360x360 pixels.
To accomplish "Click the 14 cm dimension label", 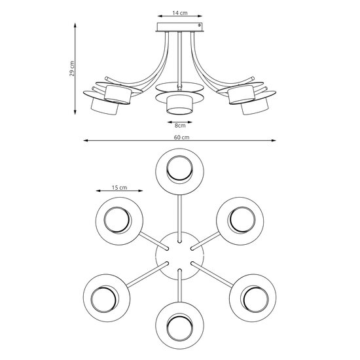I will point(179,13).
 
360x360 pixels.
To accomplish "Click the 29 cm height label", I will point(73,68).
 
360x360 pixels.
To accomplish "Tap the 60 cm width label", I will point(181,137).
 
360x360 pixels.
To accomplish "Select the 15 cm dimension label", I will point(118,187).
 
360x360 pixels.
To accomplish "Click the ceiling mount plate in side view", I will point(179,27).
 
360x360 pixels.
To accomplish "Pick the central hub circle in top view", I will point(179,253).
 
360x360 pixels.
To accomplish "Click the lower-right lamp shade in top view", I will point(253,298).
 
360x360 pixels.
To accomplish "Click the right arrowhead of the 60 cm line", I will point(274,141).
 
